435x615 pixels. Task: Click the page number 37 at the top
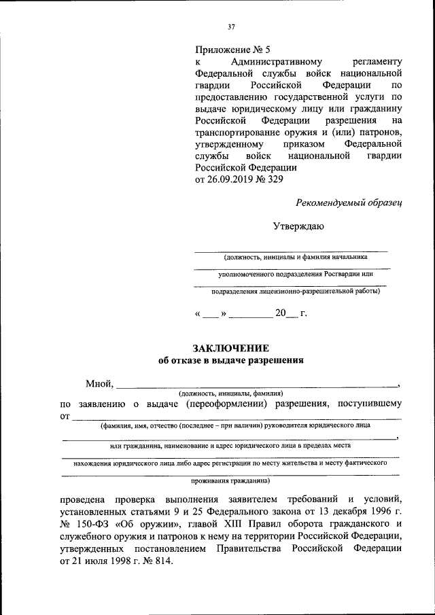click(x=231, y=27)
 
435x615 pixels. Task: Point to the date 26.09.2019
click(x=232, y=180)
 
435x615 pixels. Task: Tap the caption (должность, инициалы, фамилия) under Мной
click(x=230, y=393)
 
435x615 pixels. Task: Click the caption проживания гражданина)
click(x=230, y=481)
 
